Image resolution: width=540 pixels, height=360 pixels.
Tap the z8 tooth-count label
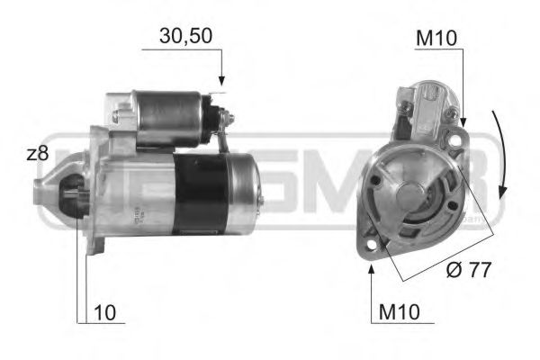tap(37, 154)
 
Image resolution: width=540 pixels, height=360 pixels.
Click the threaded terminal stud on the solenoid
tap(228, 117)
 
